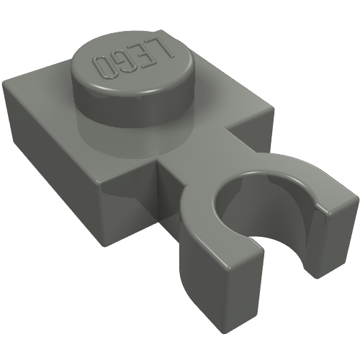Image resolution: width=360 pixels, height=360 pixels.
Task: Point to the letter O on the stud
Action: [103, 67]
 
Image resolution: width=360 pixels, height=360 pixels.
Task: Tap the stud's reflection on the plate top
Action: [108, 133]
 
